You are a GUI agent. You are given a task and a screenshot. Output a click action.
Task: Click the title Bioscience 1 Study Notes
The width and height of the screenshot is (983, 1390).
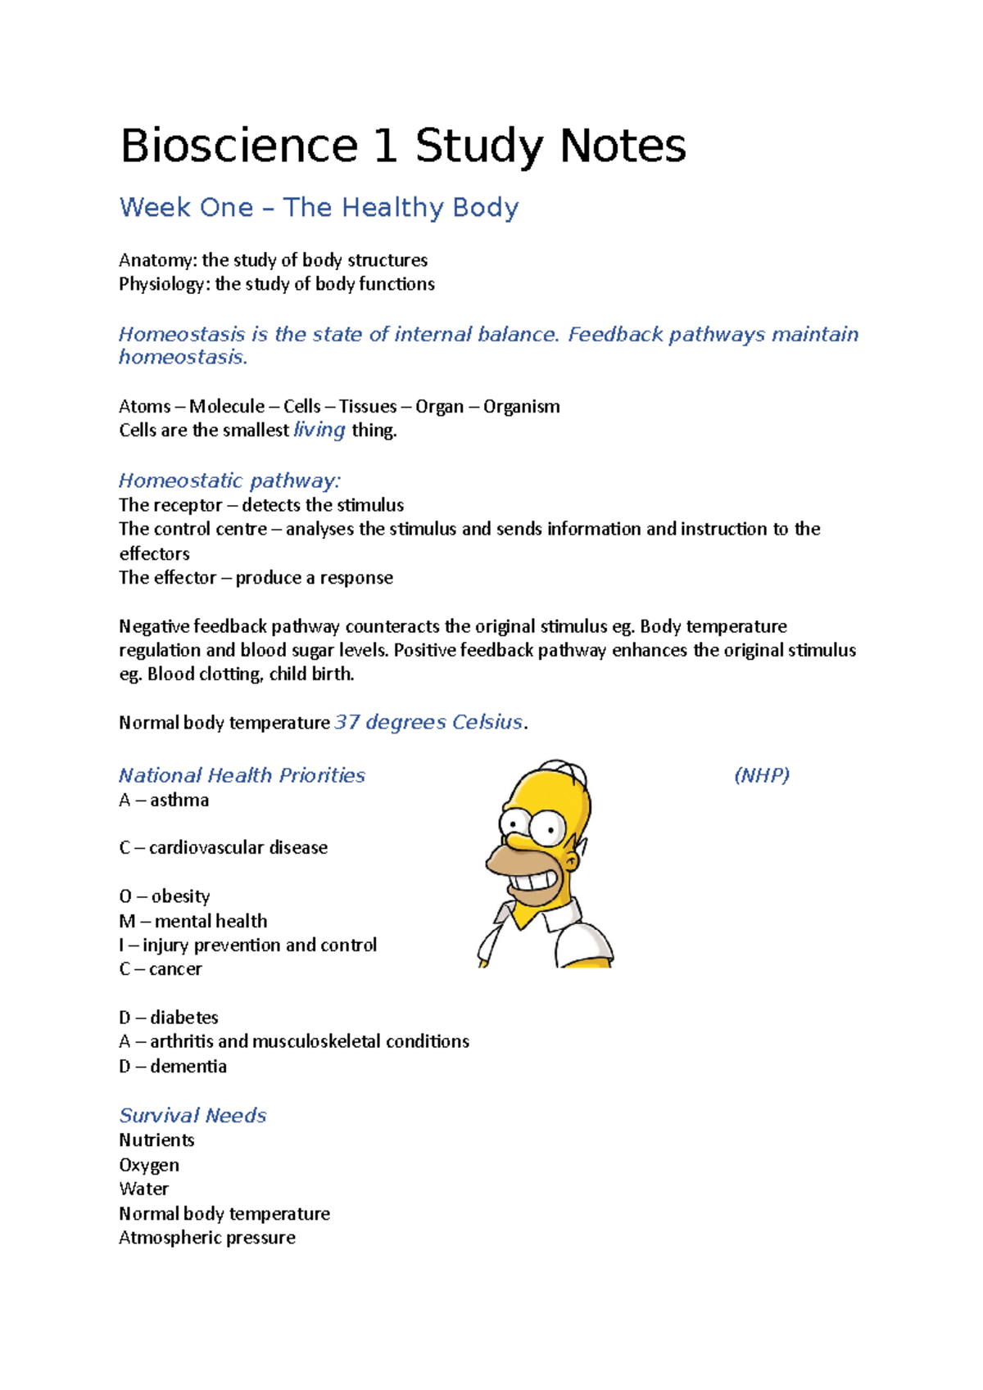tap(402, 147)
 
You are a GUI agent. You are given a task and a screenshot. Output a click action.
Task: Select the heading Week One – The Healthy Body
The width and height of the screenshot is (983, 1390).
tap(319, 208)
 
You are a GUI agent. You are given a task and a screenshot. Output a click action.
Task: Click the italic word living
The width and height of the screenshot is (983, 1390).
tap(319, 430)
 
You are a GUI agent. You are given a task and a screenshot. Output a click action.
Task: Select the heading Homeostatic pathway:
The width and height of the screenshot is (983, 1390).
tap(229, 481)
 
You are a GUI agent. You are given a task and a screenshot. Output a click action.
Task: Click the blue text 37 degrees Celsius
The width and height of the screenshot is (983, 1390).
tap(428, 722)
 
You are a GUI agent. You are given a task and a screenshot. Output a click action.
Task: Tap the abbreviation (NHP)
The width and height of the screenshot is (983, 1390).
tap(761, 775)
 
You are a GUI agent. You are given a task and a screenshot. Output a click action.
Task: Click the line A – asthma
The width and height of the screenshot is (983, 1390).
tap(164, 800)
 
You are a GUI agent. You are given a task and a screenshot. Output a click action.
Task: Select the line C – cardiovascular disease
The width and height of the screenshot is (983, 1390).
tap(223, 848)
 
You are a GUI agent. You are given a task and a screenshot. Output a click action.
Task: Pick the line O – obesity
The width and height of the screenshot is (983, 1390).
tap(164, 896)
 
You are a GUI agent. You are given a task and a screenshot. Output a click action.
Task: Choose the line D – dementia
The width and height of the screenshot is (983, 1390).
tap(173, 1066)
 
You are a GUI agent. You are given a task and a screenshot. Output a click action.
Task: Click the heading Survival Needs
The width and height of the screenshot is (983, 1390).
tap(193, 1116)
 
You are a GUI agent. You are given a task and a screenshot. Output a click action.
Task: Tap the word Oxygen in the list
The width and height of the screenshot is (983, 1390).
tap(149, 1165)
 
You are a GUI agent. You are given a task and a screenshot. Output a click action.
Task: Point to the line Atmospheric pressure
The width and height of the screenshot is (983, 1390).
tap(207, 1238)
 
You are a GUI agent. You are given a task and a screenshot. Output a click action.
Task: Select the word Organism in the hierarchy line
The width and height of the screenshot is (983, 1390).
tap(521, 407)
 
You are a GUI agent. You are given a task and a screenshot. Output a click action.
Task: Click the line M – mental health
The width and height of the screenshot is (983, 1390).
tap(193, 921)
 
